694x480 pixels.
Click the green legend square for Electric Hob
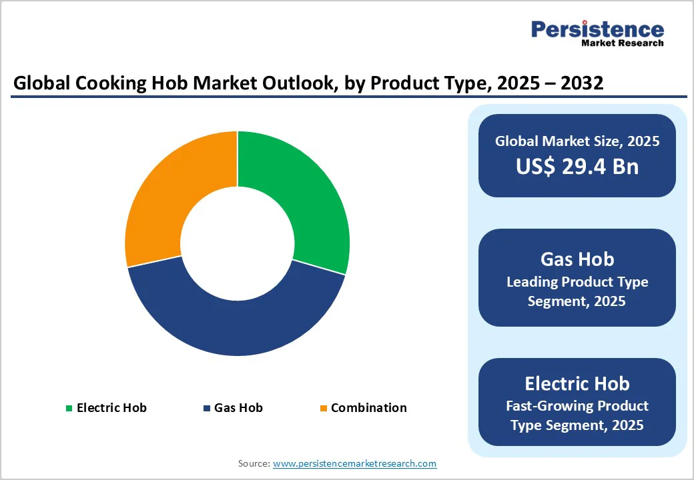click(69, 408)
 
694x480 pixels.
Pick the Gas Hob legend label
click(238, 407)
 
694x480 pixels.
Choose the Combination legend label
click(368, 407)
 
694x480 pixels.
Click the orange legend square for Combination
click(324, 408)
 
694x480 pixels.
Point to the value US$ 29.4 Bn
click(577, 166)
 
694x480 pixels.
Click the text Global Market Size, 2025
click(577, 141)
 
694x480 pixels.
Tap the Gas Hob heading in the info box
click(577, 259)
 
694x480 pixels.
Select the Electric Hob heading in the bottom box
click(577, 383)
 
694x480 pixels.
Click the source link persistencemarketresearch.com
click(354, 463)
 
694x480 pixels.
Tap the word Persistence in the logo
click(597, 29)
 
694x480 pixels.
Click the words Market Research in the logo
click(622, 43)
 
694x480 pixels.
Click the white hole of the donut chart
click(237, 243)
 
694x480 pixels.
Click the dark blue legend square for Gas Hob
click(206, 408)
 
